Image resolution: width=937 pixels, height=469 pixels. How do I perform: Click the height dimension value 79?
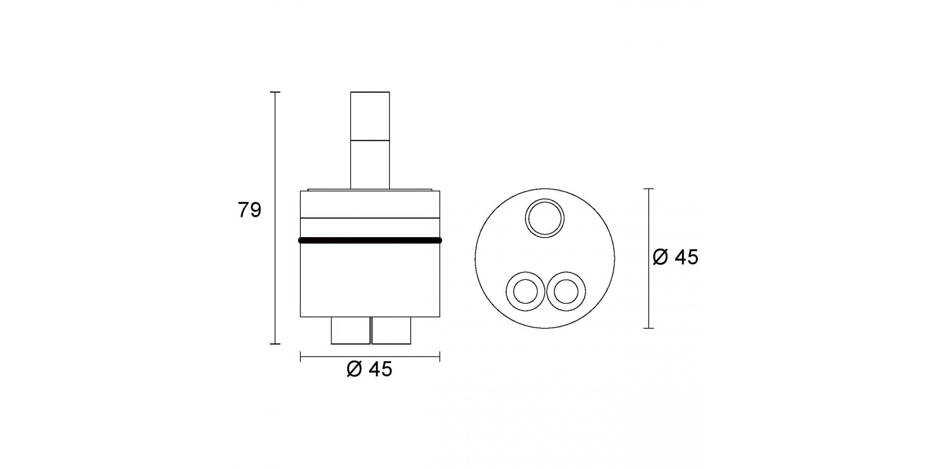(x=249, y=210)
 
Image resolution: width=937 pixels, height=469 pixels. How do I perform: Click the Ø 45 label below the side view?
(x=369, y=369)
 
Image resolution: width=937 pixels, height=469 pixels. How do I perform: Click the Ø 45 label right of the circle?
(x=675, y=257)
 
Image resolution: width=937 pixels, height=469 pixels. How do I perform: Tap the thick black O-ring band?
(x=370, y=240)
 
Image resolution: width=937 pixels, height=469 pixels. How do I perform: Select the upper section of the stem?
(x=370, y=116)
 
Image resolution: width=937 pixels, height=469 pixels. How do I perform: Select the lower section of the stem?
(x=370, y=164)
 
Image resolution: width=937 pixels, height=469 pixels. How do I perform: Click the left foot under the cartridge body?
(x=351, y=330)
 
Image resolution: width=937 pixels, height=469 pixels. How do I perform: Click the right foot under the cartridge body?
(x=391, y=330)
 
